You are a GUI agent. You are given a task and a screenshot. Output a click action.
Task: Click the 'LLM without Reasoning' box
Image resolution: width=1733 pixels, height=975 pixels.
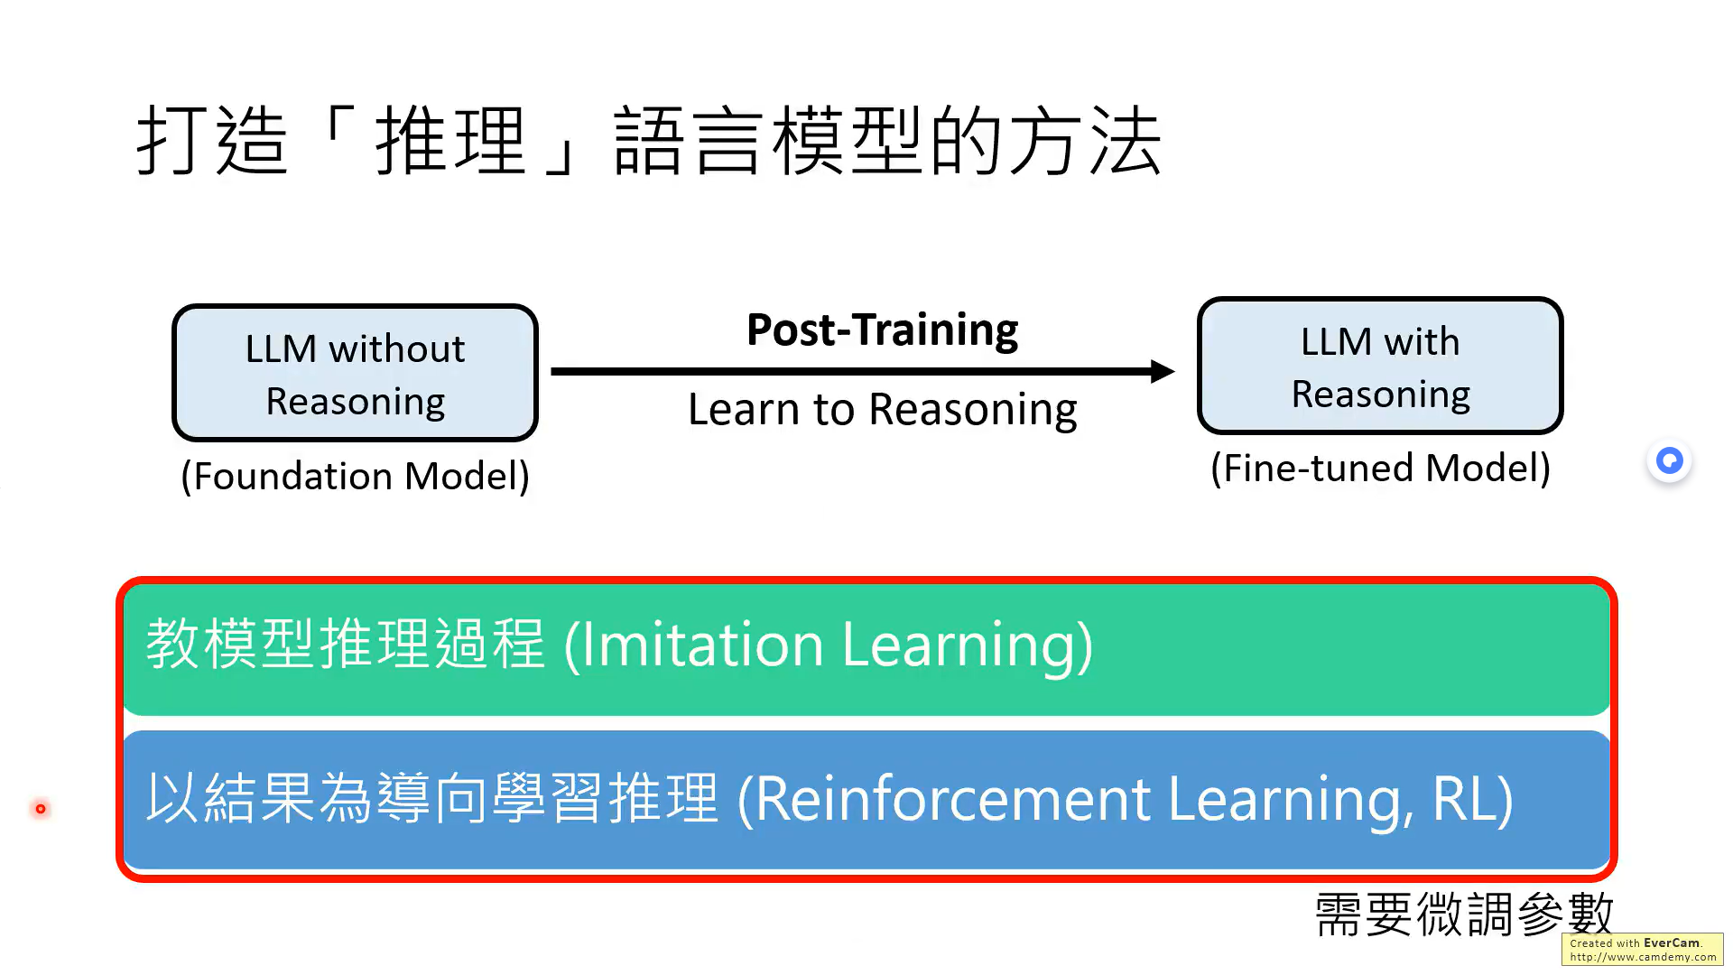click(x=355, y=373)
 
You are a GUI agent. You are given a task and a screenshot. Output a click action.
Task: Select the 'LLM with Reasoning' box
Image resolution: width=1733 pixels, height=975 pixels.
click(x=1380, y=367)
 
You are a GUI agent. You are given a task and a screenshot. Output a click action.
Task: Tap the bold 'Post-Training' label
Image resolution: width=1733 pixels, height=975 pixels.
click(x=882, y=330)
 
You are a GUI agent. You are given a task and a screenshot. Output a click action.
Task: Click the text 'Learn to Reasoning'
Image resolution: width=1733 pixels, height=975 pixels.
click(x=882, y=410)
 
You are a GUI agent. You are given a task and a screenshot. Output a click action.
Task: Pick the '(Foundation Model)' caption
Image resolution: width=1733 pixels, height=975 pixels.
click(x=355, y=476)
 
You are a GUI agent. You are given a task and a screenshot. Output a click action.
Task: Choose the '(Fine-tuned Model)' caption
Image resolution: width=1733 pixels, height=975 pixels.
click(x=1380, y=469)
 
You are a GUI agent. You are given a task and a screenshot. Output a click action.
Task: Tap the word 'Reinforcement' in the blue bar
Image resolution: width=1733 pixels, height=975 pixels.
click(x=952, y=800)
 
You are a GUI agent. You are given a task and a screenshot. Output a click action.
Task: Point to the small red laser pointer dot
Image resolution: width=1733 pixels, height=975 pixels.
click(x=41, y=809)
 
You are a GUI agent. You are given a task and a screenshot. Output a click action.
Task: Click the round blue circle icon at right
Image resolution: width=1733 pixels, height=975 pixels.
click(x=1670, y=461)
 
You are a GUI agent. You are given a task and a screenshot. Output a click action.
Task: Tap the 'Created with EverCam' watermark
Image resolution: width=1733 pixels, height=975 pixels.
click(x=1642, y=950)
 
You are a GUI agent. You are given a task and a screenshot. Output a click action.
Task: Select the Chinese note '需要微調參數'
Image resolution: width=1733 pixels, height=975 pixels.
click(x=1463, y=915)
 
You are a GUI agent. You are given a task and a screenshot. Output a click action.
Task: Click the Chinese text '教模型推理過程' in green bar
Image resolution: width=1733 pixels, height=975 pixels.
click(x=346, y=645)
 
